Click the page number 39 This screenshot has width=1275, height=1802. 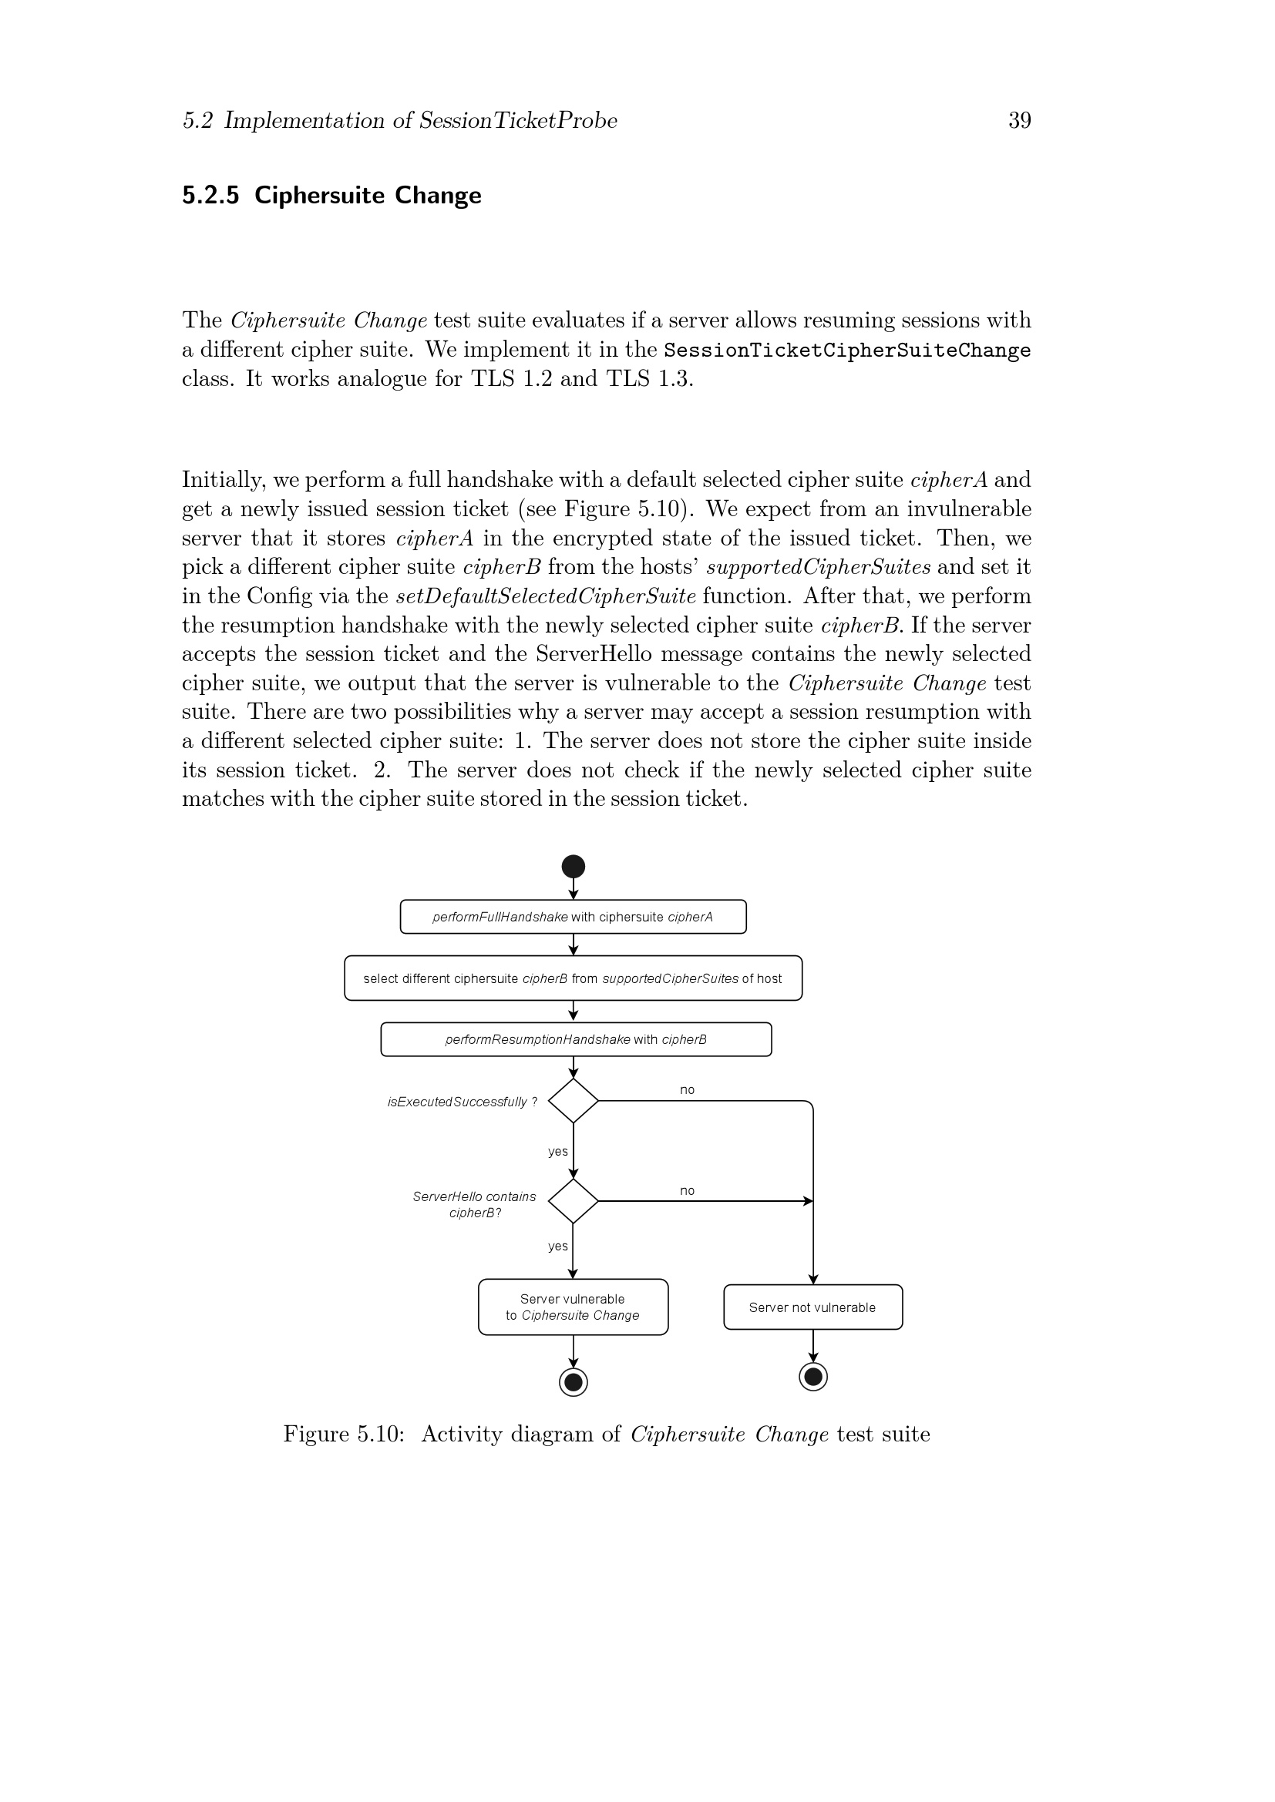point(1019,120)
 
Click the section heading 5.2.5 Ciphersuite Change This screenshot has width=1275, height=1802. point(331,195)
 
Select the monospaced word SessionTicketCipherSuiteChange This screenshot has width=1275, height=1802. point(846,350)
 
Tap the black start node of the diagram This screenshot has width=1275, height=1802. point(573,867)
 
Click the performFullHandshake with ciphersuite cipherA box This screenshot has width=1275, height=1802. point(573,917)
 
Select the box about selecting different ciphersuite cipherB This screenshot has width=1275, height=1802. point(573,978)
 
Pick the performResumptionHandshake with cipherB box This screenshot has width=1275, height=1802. point(576,1039)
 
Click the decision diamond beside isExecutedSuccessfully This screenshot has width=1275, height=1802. point(573,1100)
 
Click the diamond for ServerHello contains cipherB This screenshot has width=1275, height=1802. point(573,1201)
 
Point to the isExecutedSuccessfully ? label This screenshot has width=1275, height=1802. point(463,1102)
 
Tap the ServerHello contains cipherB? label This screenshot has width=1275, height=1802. point(475,1205)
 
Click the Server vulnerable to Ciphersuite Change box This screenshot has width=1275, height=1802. point(573,1307)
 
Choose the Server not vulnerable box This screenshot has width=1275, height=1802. point(812,1307)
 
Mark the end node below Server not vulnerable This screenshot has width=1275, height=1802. point(812,1376)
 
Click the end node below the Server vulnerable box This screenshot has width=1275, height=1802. point(573,1381)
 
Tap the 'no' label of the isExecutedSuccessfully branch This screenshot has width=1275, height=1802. point(687,1089)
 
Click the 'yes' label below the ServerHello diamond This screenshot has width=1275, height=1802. point(557,1246)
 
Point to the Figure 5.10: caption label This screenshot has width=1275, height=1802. point(344,1434)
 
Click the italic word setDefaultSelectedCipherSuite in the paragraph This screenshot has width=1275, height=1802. point(546,596)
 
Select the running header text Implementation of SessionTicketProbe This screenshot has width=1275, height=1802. point(421,120)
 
